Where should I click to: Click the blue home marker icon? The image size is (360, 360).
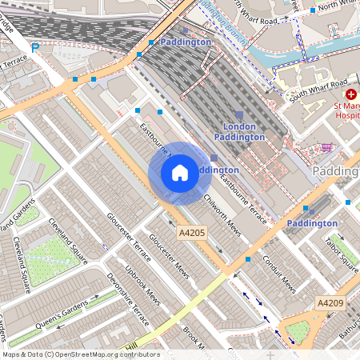coord(180,172)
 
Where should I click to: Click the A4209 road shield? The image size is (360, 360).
coord(330,303)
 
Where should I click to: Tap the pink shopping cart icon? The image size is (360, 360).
coord(326,147)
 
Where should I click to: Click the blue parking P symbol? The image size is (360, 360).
coord(34,48)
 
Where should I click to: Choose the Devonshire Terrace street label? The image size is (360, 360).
coord(128,301)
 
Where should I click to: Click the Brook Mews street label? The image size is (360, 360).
coord(189,336)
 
